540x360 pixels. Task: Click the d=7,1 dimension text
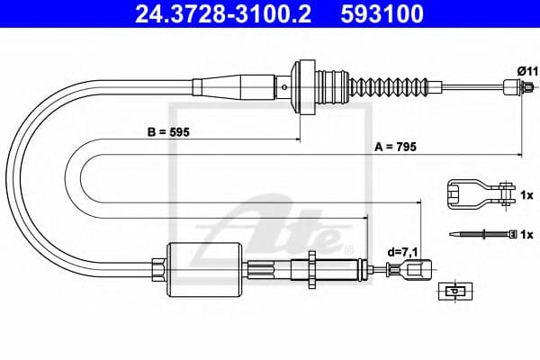[x=400, y=253]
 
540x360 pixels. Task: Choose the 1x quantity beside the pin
[x=527, y=234]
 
